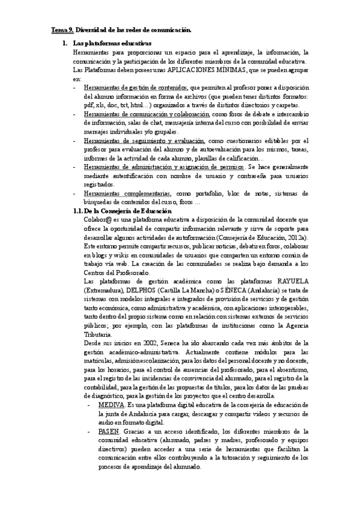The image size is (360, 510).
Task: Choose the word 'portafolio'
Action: click(x=209, y=193)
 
